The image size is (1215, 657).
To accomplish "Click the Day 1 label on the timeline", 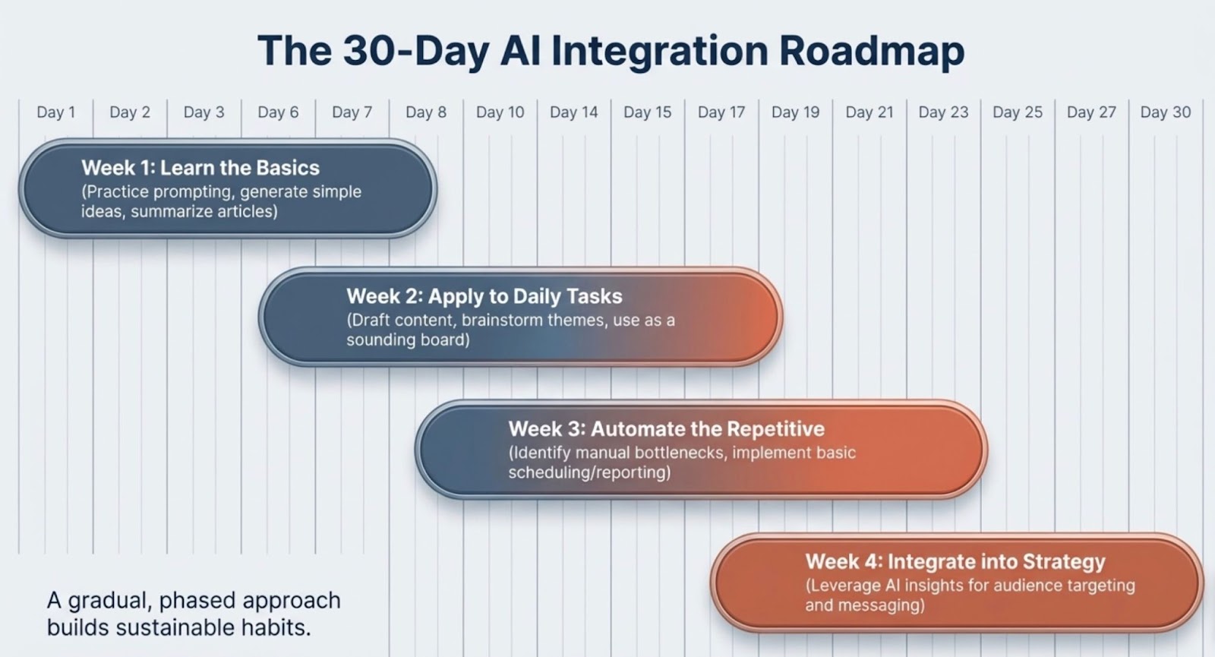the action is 56,112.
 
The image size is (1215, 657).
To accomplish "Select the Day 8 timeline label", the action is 426,112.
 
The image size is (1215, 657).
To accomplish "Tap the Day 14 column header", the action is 574,112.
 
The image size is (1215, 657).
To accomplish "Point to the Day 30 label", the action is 1166,112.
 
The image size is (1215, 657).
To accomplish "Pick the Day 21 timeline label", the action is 869,112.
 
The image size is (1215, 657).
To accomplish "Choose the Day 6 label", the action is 278,112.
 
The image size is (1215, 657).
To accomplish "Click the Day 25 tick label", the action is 1018,112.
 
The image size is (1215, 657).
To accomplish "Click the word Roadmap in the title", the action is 872,50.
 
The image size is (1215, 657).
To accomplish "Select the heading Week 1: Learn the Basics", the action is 200,168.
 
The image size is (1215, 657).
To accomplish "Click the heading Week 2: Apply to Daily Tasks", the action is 484,296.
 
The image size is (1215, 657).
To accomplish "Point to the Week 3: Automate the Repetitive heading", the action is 667,429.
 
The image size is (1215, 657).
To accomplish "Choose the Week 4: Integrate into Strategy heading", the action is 955,561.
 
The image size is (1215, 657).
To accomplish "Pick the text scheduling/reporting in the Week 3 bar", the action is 589,472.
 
